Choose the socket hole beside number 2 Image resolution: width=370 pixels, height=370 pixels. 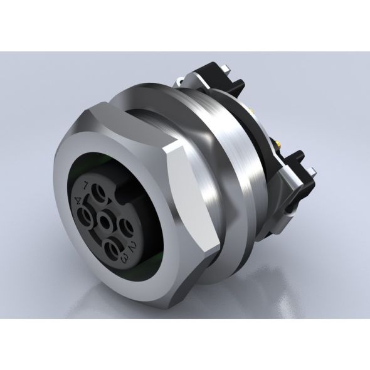pos(123,226)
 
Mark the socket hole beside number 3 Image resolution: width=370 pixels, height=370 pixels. pos(113,245)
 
